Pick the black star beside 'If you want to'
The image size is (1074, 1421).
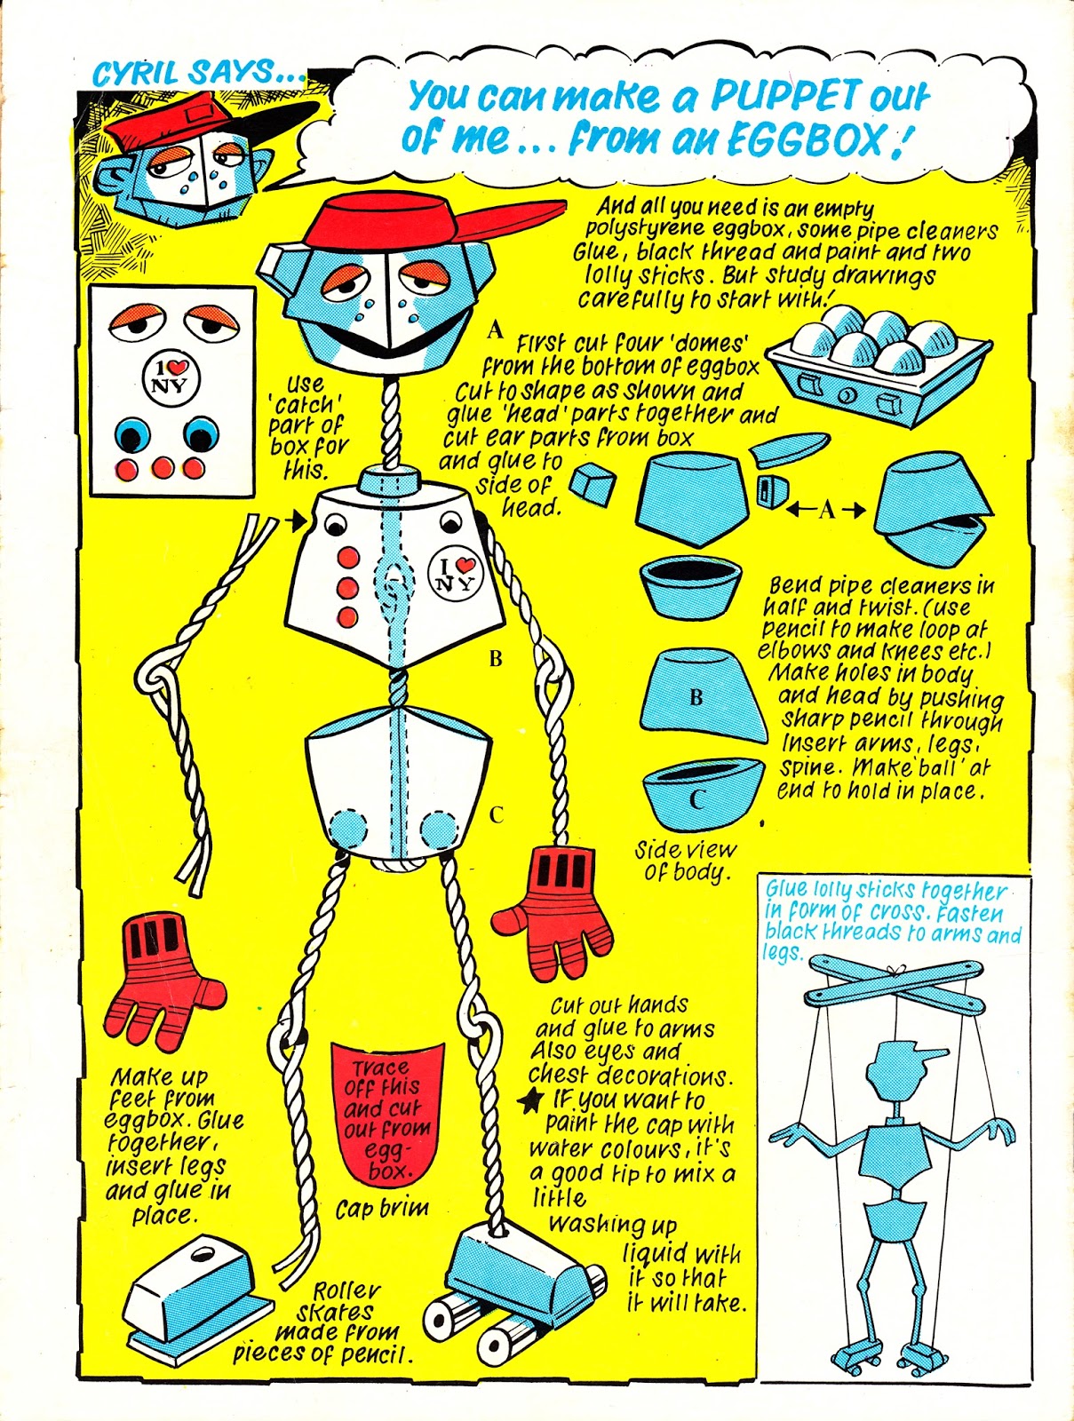tap(531, 1100)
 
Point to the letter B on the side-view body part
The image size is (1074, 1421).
tap(696, 698)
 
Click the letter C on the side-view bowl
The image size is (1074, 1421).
tap(696, 799)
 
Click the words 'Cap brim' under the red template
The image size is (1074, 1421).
tap(382, 1209)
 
